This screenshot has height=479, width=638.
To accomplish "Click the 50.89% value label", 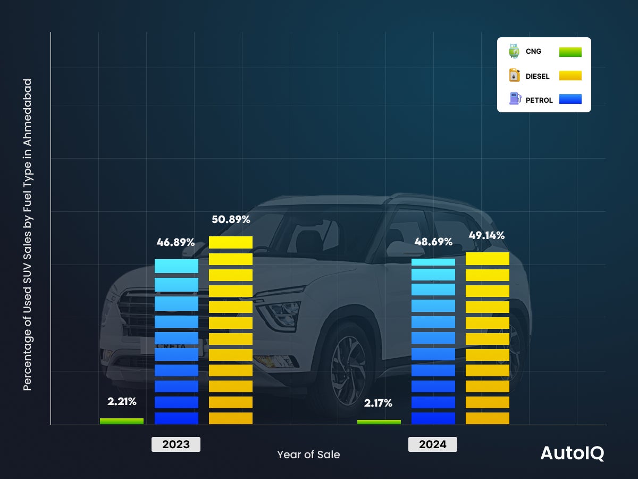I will point(231,219).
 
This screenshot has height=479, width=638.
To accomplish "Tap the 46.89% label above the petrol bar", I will point(175,243).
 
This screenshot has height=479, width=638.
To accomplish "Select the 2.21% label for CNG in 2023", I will point(122,401).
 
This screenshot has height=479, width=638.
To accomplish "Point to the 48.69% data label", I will point(433,242).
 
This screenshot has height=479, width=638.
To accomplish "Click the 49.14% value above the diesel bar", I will point(486,235).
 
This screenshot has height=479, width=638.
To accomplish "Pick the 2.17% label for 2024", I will point(378,403).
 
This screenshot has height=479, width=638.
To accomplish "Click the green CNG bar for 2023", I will point(122,421).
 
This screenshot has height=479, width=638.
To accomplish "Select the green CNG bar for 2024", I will point(379,422).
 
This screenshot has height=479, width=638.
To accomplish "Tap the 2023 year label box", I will point(176,444).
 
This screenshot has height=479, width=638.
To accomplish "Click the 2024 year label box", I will point(433,444).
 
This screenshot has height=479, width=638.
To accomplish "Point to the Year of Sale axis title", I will point(308,455).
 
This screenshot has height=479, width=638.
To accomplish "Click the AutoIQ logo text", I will point(572,453).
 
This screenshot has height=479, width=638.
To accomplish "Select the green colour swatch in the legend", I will point(570,52).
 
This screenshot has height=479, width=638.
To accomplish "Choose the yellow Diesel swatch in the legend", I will point(570,76).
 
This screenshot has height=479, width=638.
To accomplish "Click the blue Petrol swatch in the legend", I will point(570,99).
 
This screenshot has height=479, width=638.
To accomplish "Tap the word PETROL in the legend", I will point(539,100).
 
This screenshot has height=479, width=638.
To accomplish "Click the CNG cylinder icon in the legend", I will point(514,51).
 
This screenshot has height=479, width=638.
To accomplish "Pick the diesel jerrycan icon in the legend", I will point(514,75).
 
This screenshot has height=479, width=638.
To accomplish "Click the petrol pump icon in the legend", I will point(514,98).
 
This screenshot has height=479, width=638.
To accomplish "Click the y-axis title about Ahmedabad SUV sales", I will point(28,234).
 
